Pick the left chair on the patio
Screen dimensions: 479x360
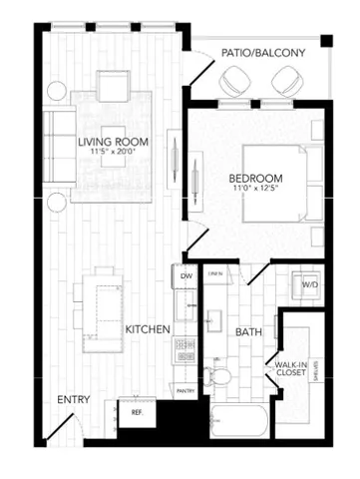pyautogui.click(x=237, y=80)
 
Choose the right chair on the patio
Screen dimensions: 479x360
pyautogui.click(x=285, y=80)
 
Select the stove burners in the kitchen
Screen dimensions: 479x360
pyautogui.click(x=184, y=349)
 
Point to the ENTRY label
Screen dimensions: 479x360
pyautogui.click(x=73, y=399)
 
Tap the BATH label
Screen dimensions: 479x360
pyautogui.click(x=247, y=331)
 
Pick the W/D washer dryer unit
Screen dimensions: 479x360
pyautogui.click(x=309, y=284)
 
